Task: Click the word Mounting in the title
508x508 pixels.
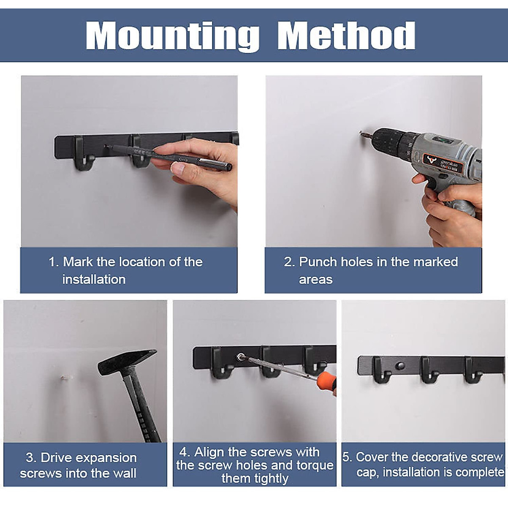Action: tap(173, 36)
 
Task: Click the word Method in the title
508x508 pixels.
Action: tap(346, 35)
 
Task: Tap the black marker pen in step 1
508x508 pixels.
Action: tap(169, 157)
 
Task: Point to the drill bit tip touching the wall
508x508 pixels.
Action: tap(361, 133)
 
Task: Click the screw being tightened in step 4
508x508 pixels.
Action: tap(240, 357)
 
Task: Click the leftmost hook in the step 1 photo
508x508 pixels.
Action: tap(83, 153)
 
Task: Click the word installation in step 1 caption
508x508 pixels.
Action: tap(94, 279)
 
